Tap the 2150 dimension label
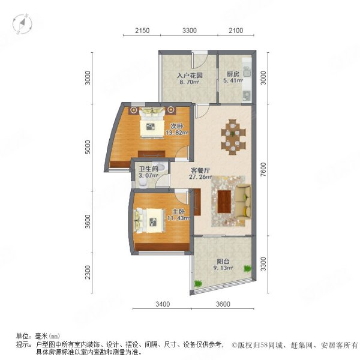pos(142,30)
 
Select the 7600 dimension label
pos(263,173)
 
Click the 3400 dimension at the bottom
pos(162,304)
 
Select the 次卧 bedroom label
pos(176,126)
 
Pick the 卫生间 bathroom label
pos(147,169)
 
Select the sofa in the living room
pos(243,201)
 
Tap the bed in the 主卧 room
pos(149,220)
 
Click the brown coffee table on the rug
pos(226,200)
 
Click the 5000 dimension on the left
pos(88,148)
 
